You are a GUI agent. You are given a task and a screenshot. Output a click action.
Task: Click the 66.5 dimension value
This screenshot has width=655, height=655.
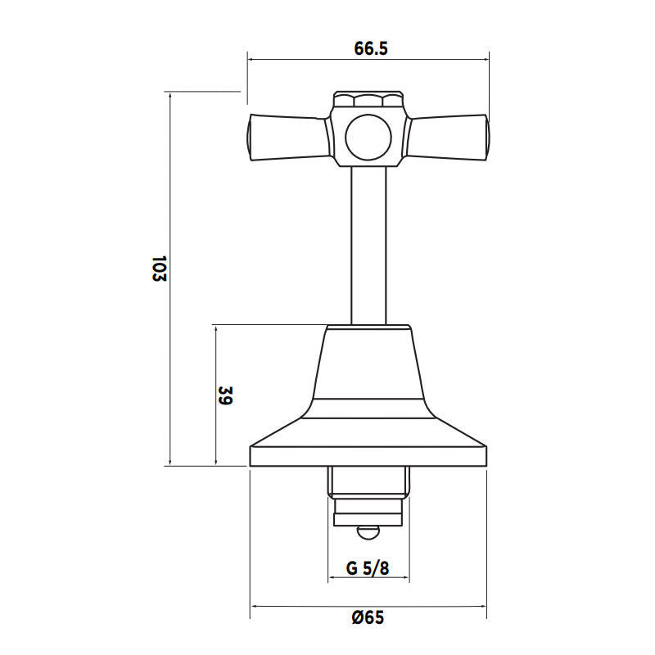point(370,48)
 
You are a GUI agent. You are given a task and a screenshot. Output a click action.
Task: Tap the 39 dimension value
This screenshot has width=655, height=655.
point(227,397)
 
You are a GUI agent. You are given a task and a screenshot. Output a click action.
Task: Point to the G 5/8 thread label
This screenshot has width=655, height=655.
point(368,567)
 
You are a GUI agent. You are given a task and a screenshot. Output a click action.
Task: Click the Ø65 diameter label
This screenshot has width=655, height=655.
point(368,618)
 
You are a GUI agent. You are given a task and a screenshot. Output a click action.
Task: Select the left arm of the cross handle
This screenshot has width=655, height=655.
point(287,136)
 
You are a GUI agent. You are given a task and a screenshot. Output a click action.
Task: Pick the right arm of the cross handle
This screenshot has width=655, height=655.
point(449,136)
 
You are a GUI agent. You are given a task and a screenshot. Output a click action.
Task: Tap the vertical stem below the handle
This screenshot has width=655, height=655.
point(368,246)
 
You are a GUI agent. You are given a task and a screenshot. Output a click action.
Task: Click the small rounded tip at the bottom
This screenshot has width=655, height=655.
point(368,533)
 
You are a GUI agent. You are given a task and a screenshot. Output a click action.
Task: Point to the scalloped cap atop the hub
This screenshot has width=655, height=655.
point(368,101)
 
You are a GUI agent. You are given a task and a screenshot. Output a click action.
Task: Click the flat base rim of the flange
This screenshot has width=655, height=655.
point(368,457)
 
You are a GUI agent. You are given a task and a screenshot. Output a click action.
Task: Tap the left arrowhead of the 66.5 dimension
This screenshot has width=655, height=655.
point(251,59)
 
